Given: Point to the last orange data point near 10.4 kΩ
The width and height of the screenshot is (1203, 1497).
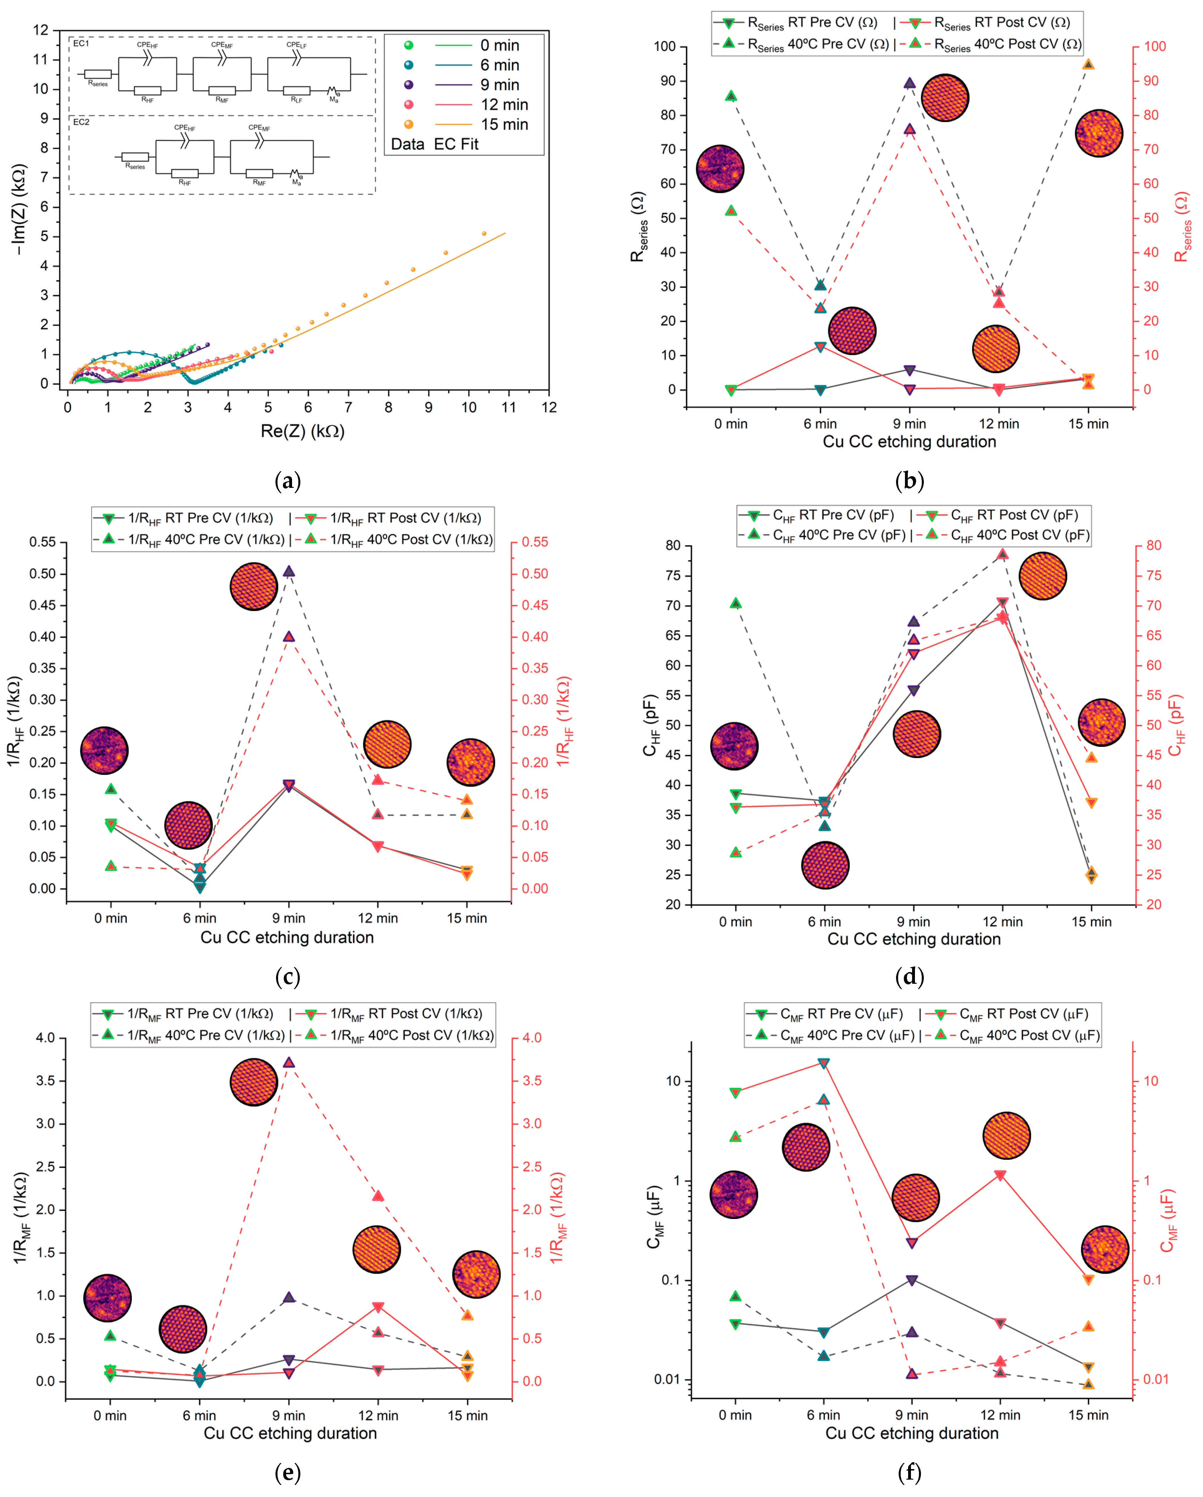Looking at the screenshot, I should (x=484, y=233).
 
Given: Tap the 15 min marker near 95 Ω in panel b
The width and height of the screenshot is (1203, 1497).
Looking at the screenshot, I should (x=1088, y=64).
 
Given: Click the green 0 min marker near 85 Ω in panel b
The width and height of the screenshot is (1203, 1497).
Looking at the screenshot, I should (x=731, y=96).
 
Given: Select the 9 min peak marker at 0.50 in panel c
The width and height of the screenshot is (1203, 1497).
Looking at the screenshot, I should (x=289, y=571).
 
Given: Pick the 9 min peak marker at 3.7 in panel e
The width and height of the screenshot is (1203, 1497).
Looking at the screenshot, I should (x=289, y=1062).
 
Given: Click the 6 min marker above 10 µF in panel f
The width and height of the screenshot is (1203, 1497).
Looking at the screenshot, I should (x=824, y=1063).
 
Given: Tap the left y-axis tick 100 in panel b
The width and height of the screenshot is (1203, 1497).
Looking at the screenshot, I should (x=665, y=46).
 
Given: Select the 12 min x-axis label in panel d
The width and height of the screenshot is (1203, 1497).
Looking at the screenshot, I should (x=1002, y=922).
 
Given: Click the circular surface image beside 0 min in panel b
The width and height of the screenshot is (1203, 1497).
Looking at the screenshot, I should (x=720, y=169).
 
